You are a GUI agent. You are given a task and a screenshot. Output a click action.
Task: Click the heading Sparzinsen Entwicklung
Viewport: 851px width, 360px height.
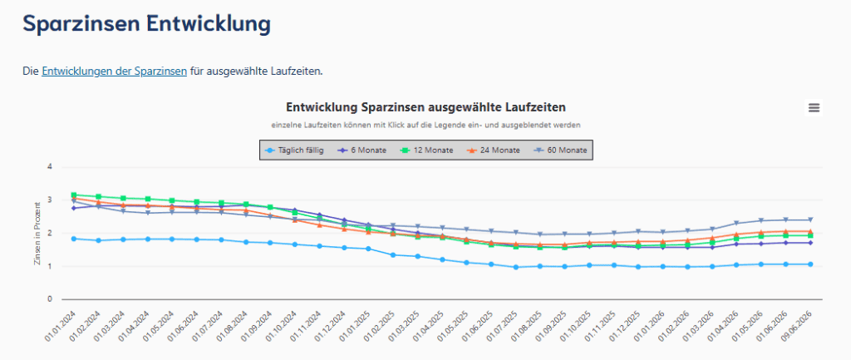[x=146, y=25]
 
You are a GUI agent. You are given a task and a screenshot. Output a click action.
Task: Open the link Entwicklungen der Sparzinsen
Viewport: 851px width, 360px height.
[x=114, y=72]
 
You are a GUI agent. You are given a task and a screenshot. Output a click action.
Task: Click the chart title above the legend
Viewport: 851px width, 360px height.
[x=426, y=107]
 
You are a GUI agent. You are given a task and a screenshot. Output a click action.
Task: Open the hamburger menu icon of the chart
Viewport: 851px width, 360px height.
[x=814, y=107]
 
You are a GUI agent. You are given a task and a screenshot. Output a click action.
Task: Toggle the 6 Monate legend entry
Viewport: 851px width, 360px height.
[x=362, y=150]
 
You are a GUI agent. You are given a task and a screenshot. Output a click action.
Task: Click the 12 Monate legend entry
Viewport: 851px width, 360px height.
[x=426, y=150]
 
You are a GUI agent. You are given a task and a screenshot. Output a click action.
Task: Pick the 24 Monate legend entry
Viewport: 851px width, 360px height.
[x=494, y=150]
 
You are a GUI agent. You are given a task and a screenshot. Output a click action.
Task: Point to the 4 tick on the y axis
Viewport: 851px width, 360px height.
[x=49, y=166]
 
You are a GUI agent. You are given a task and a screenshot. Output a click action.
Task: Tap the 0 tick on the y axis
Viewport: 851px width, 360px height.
[x=49, y=299]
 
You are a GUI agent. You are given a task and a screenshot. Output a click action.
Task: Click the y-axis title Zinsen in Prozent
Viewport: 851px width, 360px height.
[x=37, y=234]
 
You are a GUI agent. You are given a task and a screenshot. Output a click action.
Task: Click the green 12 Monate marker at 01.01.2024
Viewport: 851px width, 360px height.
[x=74, y=195]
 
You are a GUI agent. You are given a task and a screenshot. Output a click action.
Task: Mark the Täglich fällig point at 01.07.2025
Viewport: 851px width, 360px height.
[x=515, y=267]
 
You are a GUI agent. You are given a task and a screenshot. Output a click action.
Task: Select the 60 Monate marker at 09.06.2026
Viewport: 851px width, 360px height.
[x=810, y=220]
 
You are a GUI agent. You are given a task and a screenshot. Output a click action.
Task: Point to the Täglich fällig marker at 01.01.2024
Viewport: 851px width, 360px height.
[x=74, y=239]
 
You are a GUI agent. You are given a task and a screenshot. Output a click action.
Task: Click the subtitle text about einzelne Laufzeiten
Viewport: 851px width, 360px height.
[x=426, y=125]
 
